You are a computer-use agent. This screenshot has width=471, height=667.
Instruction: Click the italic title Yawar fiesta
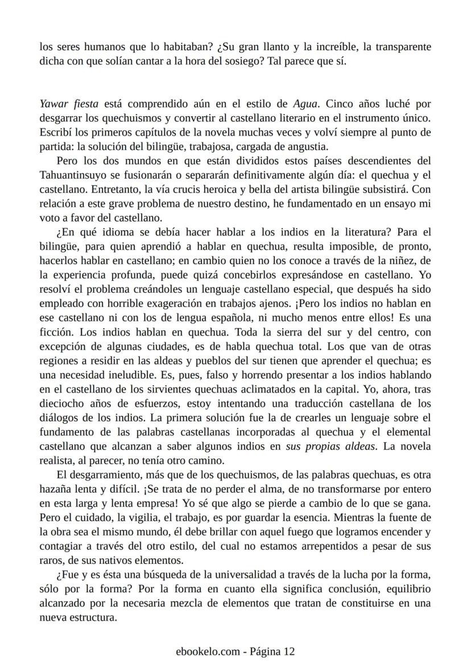point(69,104)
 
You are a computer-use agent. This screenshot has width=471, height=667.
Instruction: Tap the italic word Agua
point(305,104)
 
